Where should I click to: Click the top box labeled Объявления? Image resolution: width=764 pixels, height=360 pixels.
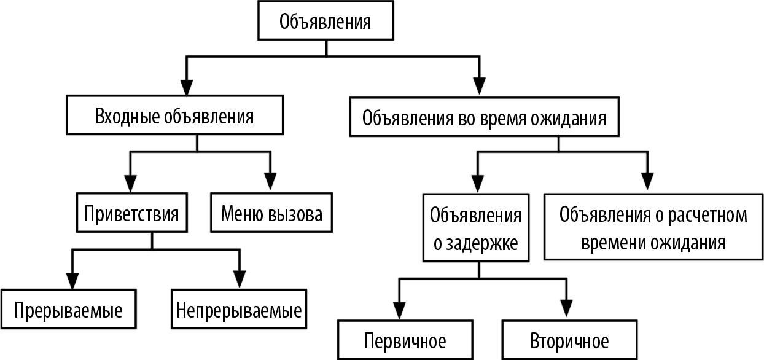[x=325, y=23]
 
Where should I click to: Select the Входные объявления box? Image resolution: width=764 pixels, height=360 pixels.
[x=175, y=116]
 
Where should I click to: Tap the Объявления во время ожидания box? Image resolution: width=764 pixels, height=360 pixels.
[x=485, y=117]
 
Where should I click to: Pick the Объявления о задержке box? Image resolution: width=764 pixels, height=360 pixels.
[x=476, y=229]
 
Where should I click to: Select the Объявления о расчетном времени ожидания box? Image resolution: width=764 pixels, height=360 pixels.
[x=653, y=229]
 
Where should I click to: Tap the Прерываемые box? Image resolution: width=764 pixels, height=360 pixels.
[x=68, y=310]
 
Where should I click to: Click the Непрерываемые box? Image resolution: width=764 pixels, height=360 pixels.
[x=239, y=310]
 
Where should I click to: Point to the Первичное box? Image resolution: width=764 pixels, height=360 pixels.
[x=405, y=340]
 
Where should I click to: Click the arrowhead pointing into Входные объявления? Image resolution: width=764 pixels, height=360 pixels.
[x=186, y=85]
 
